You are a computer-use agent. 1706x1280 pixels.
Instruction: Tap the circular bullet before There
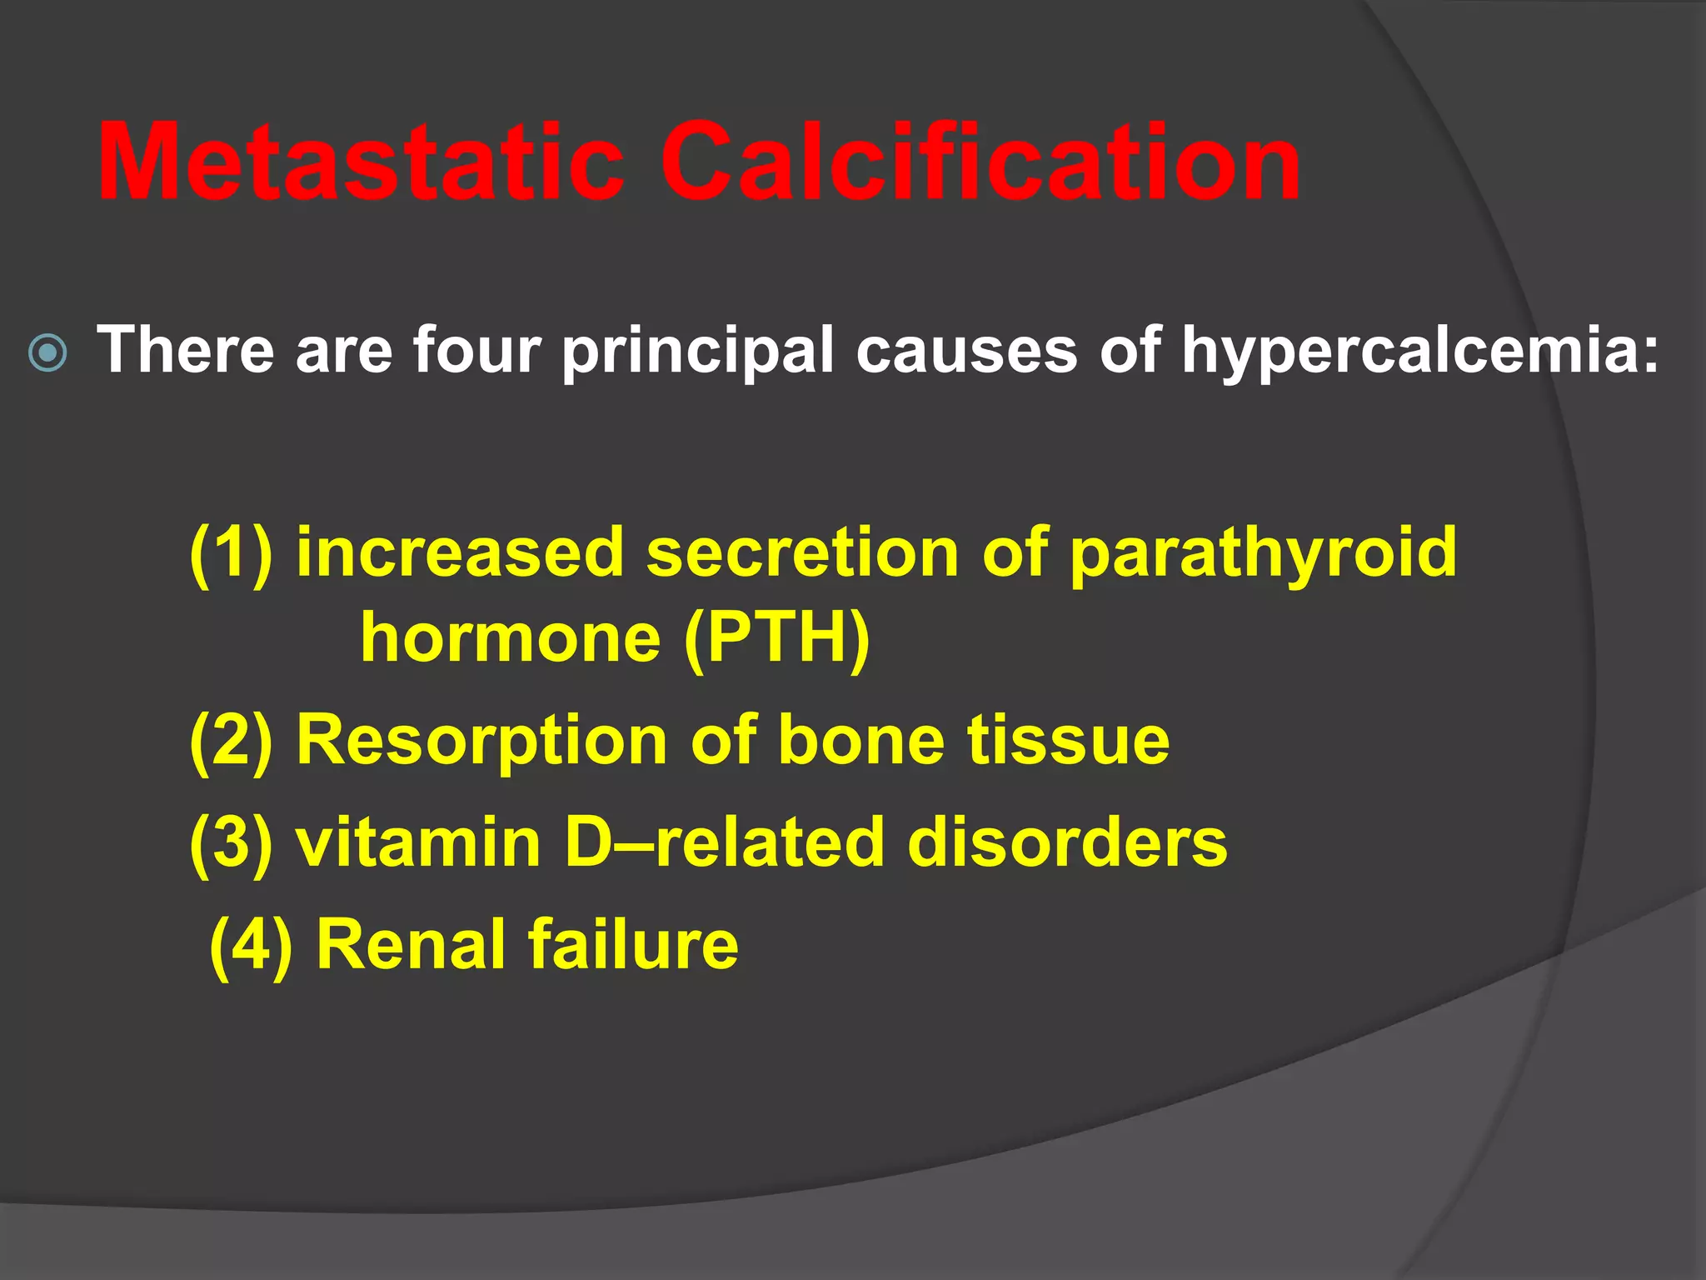tap(47, 353)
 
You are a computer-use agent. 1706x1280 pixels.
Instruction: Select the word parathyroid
tap(1263, 553)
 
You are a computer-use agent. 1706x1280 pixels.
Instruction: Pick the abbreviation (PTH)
tap(776, 638)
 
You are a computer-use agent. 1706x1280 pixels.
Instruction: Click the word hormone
tap(511, 638)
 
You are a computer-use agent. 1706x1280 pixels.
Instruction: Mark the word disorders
tap(1067, 842)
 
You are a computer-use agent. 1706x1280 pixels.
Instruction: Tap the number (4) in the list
tap(251, 945)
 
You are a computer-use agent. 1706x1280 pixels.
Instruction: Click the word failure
tap(632, 945)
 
